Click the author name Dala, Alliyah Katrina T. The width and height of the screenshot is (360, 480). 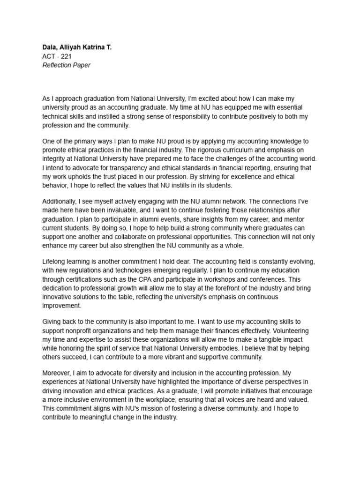pyautogui.click(x=77, y=47)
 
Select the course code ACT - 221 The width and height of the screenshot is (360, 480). pyautogui.click(x=57, y=56)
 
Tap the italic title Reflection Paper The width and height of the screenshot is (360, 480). pyautogui.click(x=66, y=65)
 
